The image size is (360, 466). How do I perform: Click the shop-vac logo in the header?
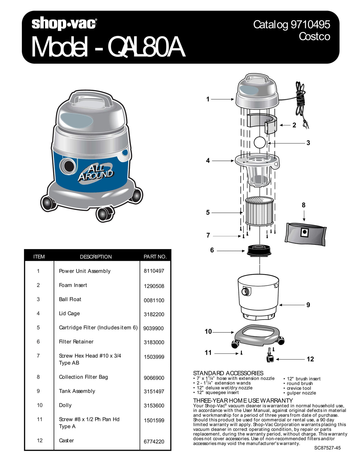coord(64,24)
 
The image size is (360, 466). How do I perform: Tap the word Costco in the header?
coord(314,36)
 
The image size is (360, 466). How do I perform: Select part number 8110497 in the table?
coord(154,271)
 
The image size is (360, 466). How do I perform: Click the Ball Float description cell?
coord(70,299)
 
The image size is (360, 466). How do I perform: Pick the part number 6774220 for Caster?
coord(154,441)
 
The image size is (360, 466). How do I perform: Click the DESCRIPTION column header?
coord(96,257)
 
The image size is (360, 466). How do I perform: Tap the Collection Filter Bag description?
coord(83,377)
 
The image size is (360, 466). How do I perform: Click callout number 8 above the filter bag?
coord(304,205)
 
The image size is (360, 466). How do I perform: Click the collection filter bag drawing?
coord(305,233)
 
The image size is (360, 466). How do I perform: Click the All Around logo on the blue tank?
coord(95,173)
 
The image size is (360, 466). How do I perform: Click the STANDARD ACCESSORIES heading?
coord(228,373)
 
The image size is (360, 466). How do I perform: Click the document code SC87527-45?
coord(327,448)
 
